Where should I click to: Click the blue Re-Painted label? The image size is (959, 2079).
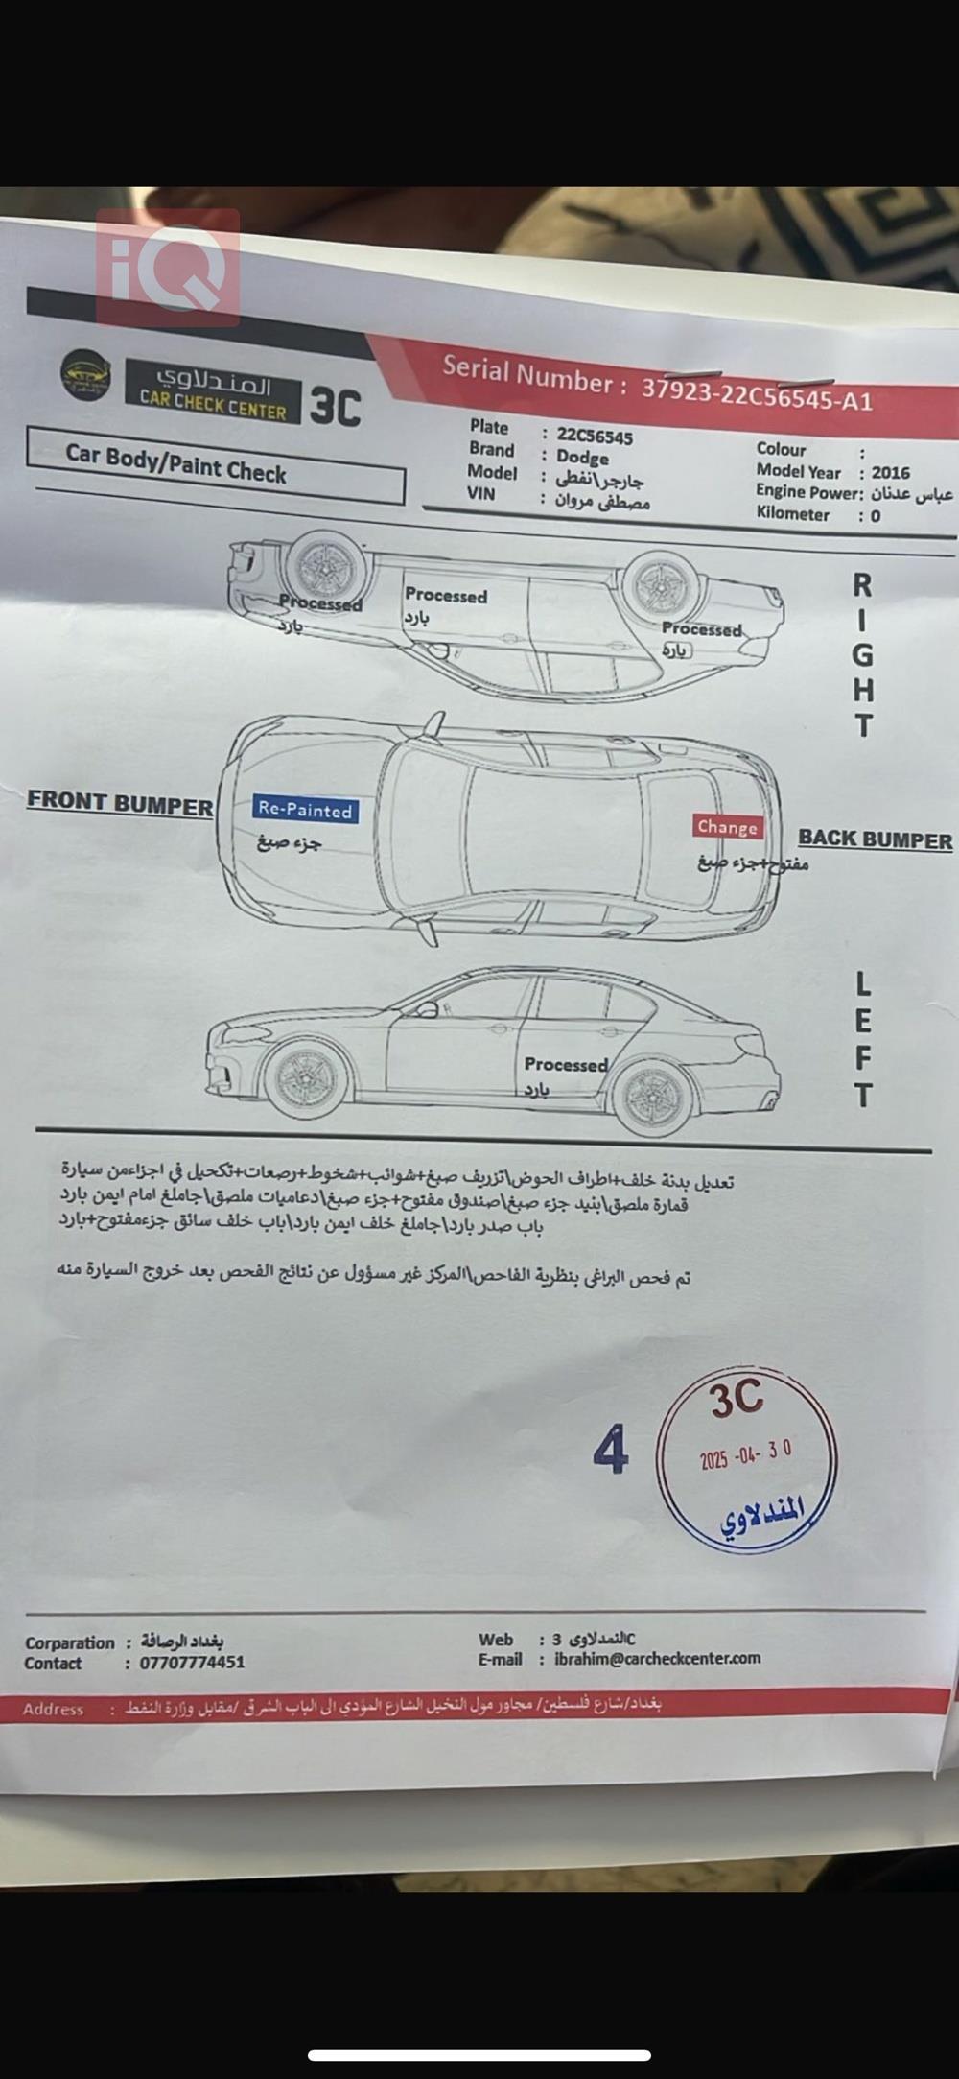tap(305, 810)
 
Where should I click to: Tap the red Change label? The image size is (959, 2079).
tap(727, 827)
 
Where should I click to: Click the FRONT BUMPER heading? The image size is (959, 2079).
tap(120, 802)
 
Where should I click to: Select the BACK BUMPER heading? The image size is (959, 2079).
tap(875, 839)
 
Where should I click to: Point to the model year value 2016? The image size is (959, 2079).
tap(890, 472)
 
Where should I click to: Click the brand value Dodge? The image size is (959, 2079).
tap(582, 458)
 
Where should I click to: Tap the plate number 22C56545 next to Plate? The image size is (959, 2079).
tap(595, 437)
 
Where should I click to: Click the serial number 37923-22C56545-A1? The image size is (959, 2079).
tap(757, 393)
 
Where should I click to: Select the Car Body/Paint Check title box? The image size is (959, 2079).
tap(216, 465)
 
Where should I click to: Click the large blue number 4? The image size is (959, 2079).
tap(611, 1450)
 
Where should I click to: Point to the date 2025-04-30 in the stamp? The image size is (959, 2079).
tap(746, 1454)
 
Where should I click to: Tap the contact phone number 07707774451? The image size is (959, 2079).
tap(192, 1663)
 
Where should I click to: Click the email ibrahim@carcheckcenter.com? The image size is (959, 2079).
tap(657, 1658)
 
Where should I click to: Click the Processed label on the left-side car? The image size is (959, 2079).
tap(566, 1064)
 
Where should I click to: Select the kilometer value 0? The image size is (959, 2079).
tap(875, 516)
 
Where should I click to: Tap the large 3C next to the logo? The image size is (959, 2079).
tap(335, 406)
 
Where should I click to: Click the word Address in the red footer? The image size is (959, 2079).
tap(53, 1709)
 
